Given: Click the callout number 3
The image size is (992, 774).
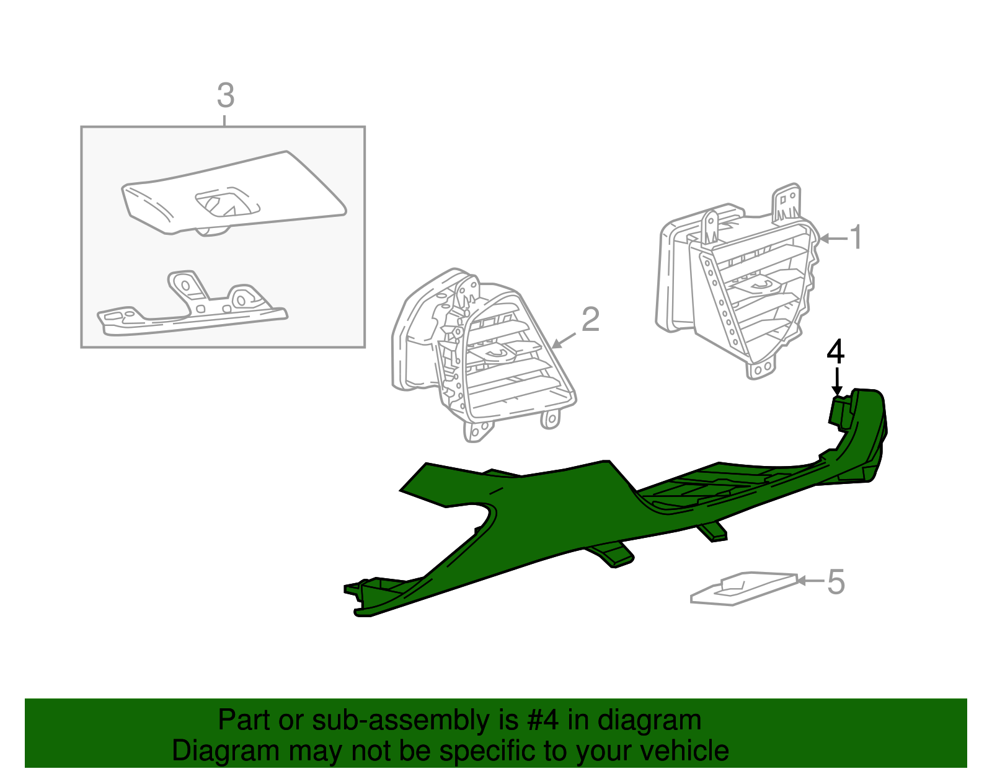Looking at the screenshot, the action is tap(226, 95).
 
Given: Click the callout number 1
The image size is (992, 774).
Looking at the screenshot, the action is tap(856, 237).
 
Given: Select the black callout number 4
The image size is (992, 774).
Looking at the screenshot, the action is tap(836, 351).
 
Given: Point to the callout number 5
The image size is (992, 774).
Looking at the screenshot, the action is tap(836, 583).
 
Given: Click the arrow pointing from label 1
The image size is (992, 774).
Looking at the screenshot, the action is tap(834, 238).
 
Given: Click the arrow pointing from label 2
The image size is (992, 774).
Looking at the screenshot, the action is tap(564, 340).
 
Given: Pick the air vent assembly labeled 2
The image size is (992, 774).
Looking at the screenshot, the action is tap(483, 354).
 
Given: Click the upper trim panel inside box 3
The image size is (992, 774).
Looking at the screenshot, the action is tap(234, 194).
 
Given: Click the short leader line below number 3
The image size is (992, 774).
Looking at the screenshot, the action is tap(224, 120).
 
